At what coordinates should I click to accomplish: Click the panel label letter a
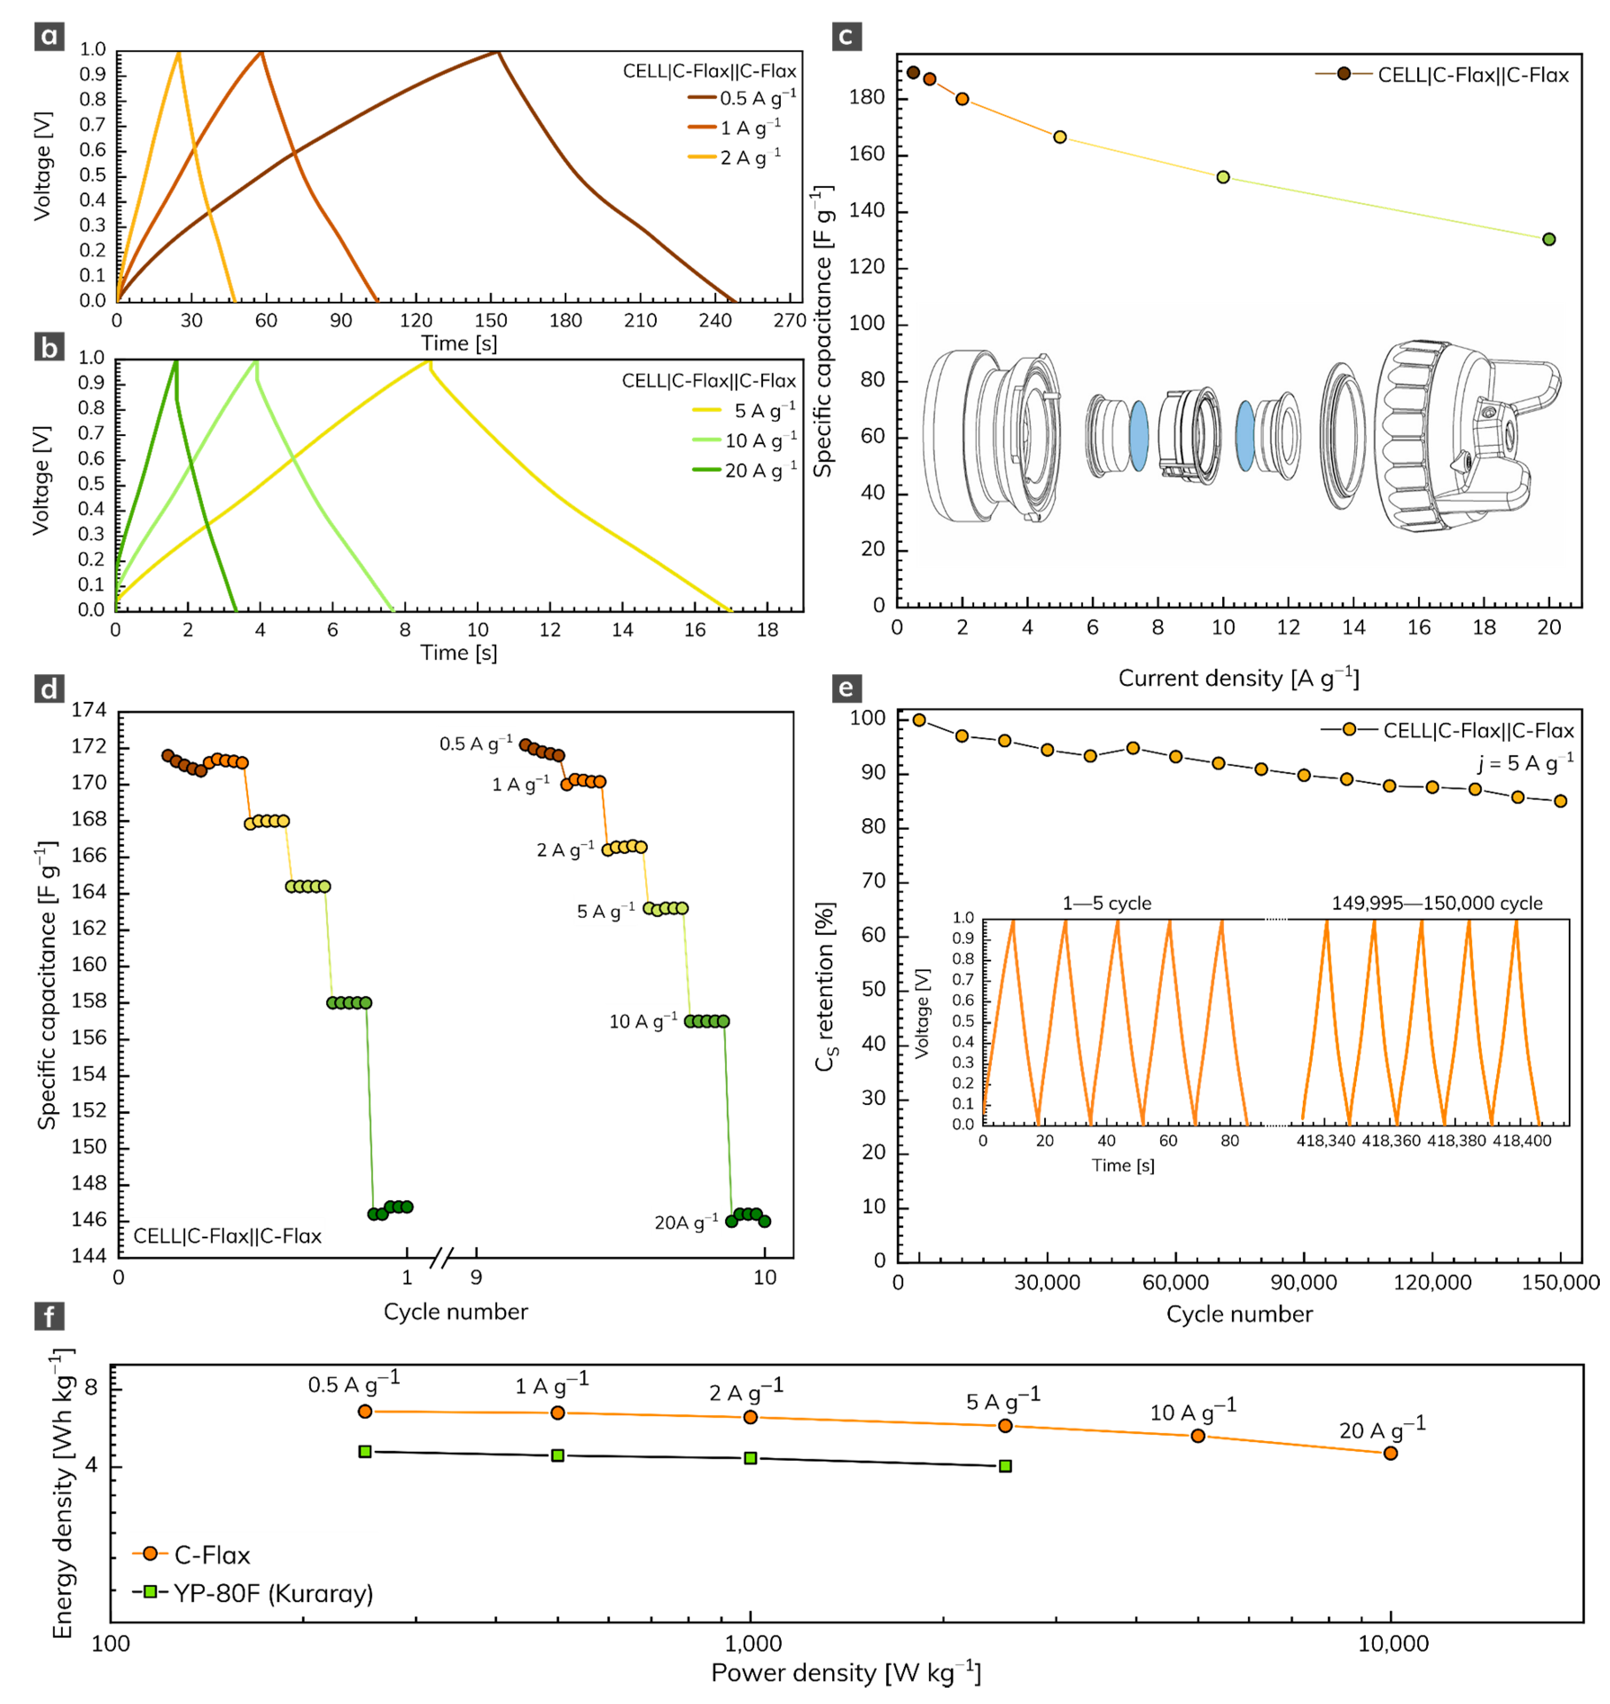click(49, 36)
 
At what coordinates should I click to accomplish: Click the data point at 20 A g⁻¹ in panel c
click(1548, 239)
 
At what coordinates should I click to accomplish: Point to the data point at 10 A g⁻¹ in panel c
click(1223, 178)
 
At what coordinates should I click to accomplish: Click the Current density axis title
click(1238, 679)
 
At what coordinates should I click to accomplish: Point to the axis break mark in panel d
click(440, 1259)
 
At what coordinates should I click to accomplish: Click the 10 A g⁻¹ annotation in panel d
click(643, 1021)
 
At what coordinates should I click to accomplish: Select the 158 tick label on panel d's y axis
click(89, 1001)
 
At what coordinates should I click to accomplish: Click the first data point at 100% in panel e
click(919, 720)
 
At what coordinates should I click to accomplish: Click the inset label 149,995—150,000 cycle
click(1437, 903)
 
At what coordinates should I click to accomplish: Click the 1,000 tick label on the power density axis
click(752, 1643)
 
